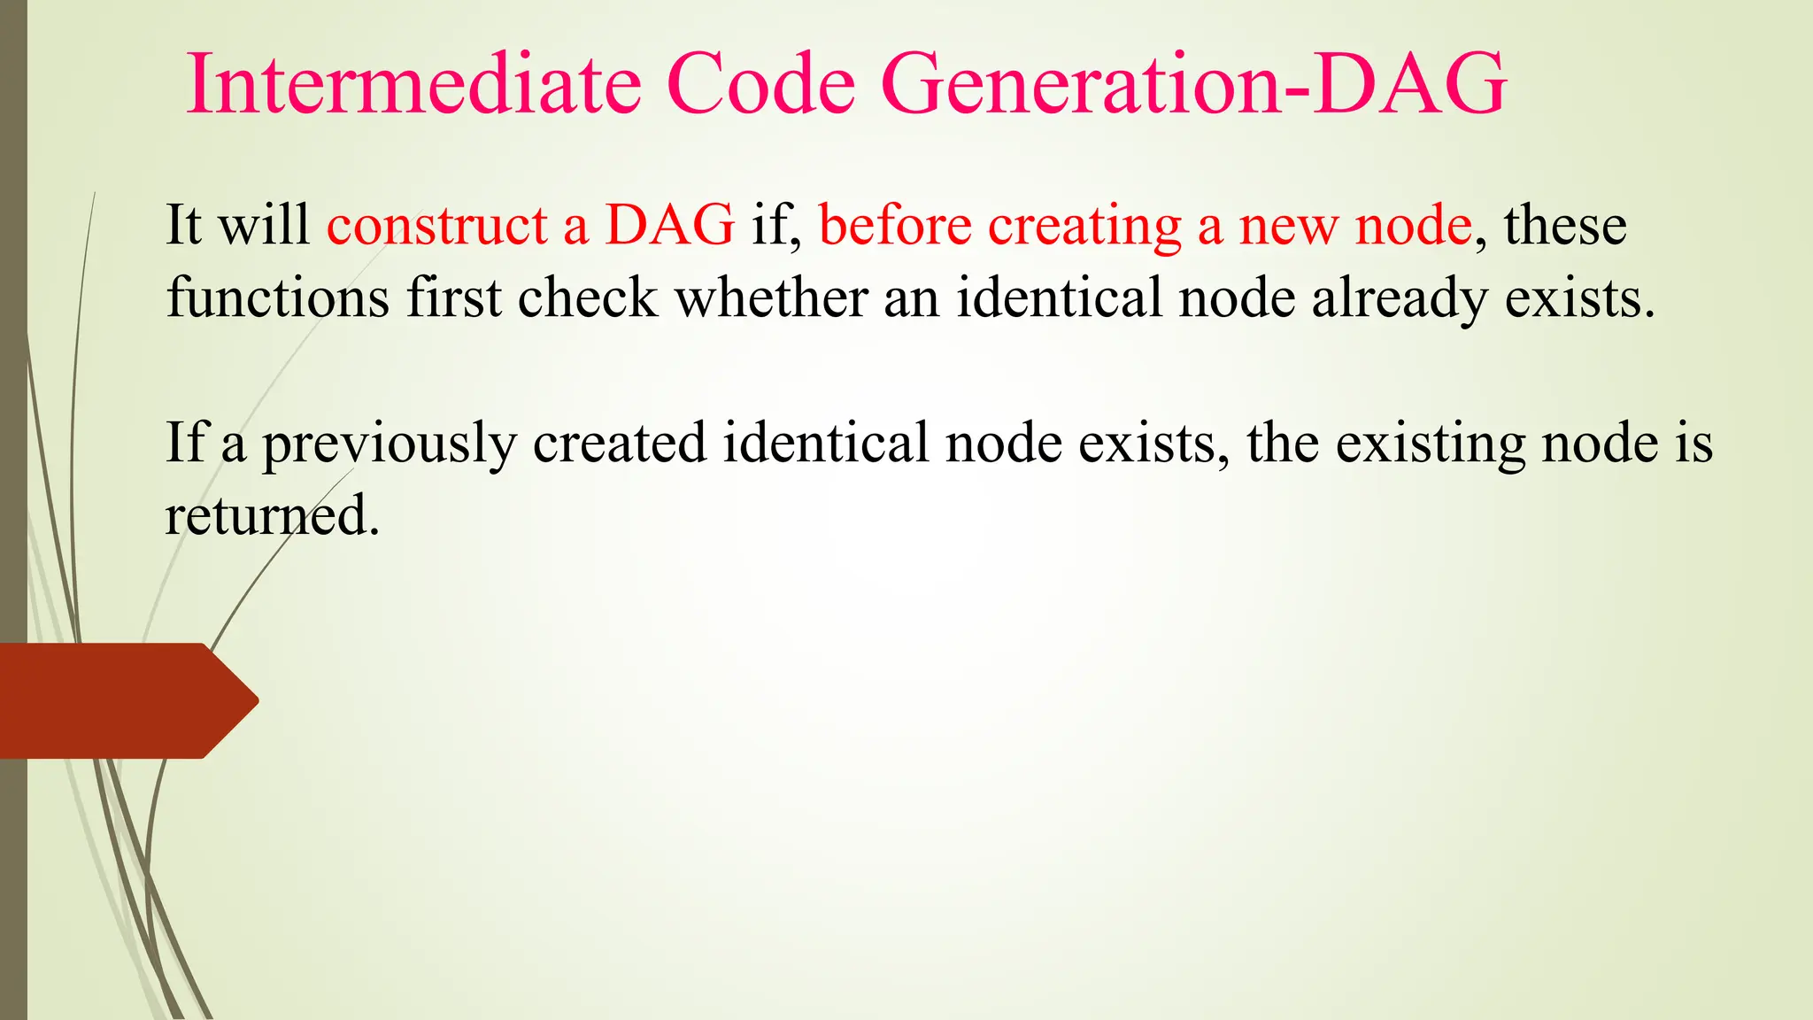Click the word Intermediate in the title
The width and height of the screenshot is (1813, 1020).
tap(413, 84)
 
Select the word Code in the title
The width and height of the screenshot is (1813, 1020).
tap(761, 84)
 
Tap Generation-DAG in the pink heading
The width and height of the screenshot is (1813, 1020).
tap(1193, 84)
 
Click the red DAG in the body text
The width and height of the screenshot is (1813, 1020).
tap(669, 225)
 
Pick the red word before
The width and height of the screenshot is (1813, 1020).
tap(895, 225)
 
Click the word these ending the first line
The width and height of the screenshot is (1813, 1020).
tap(1564, 225)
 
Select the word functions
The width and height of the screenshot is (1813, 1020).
tap(278, 297)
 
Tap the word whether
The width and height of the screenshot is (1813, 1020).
tap(771, 297)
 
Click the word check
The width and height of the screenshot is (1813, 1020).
tap(587, 297)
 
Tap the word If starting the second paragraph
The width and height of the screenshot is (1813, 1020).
tap(185, 443)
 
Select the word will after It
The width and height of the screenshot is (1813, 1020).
tap(264, 225)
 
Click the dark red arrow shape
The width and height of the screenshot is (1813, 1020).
tap(124, 700)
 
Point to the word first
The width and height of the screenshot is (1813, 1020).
tap(454, 297)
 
